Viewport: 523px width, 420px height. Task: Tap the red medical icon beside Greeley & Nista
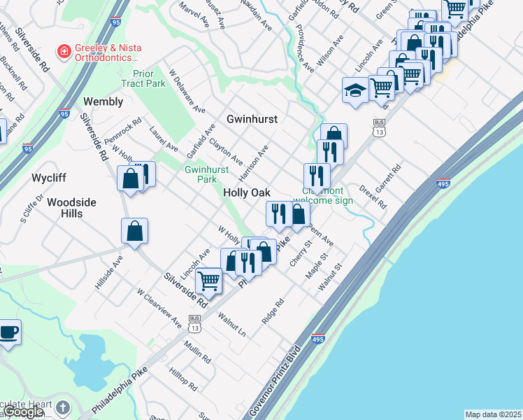coord(64,51)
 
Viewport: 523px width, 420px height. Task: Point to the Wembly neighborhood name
coord(103,101)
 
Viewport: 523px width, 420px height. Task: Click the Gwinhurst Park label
coord(206,174)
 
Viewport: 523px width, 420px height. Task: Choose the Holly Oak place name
coord(247,192)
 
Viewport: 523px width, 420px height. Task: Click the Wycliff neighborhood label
coord(49,178)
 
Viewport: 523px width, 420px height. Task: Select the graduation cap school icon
coord(354,90)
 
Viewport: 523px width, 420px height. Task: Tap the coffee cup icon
coord(9,332)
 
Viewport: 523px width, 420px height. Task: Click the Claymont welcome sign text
coord(327,196)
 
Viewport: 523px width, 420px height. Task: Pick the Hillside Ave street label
coord(109,267)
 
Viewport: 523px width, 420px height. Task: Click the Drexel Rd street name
coord(373,197)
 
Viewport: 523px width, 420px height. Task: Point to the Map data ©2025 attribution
coord(493,414)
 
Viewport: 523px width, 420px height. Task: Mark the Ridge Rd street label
coord(273,311)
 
